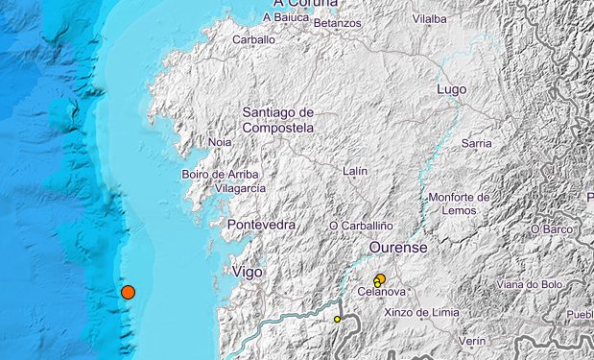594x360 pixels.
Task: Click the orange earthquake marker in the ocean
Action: point(128,292)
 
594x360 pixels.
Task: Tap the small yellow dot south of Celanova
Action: point(338,319)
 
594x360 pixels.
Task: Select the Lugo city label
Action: point(451,89)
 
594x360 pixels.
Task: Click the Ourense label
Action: point(398,248)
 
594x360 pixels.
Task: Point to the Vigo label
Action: point(248,273)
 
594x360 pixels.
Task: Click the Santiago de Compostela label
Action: point(278,120)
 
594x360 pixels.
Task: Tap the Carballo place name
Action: point(254,40)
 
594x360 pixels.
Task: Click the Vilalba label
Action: point(429,18)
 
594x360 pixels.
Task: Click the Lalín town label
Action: point(355,171)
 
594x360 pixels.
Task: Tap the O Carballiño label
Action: point(362,226)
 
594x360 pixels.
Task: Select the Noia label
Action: point(220,142)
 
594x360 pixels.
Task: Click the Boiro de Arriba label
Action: point(221,174)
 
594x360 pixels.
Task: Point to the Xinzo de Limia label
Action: point(421,312)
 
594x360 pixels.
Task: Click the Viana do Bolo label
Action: point(529,284)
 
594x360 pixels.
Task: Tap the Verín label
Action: point(472,341)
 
